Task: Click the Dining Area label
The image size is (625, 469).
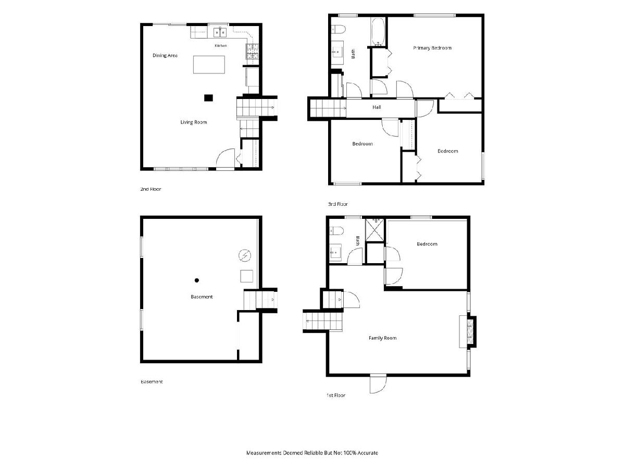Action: [x=165, y=55]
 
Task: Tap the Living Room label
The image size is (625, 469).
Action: [x=194, y=122]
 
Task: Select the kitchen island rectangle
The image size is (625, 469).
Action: [x=209, y=65]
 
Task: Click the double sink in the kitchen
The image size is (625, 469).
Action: [x=220, y=32]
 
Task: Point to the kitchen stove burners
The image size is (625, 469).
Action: [x=253, y=51]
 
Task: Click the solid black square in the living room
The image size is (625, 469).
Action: [x=208, y=97]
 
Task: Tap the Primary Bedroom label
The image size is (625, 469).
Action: [x=432, y=48]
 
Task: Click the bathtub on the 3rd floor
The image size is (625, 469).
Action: [x=378, y=32]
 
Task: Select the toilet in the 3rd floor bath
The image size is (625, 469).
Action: [x=339, y=29]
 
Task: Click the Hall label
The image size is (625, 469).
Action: [x=377, y=107]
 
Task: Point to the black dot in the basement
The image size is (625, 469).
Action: [x=196, y=280]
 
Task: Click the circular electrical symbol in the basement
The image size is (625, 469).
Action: [x=245, y=255]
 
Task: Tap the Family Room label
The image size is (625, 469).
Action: [x=382, y=338]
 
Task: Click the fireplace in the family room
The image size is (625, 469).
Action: [x=467, y=331]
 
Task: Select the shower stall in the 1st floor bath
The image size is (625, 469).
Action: [x=374, y=230]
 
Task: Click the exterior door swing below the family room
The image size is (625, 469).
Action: [x=378, y=385]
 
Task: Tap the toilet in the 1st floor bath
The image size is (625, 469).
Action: [x=336, y=231]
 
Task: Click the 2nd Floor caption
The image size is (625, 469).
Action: [x=151, y=189]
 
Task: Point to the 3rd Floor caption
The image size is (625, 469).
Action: [x=337, y=204]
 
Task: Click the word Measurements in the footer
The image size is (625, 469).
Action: [x=264, y=452]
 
